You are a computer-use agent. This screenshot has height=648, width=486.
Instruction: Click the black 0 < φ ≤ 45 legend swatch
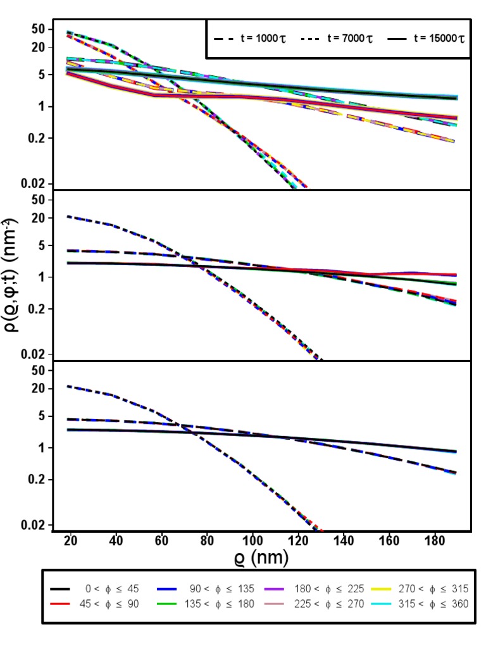click(x=61, y=588)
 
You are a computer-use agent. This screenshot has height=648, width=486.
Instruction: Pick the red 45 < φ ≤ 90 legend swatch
click(x=61, y=604)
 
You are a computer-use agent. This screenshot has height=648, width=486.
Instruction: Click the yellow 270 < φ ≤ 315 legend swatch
click(x=385, y=588)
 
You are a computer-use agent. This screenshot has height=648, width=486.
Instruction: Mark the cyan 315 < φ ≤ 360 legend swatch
click(x=385, y=604)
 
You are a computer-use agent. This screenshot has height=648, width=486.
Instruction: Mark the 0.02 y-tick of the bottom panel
click(x=34, y=525)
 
